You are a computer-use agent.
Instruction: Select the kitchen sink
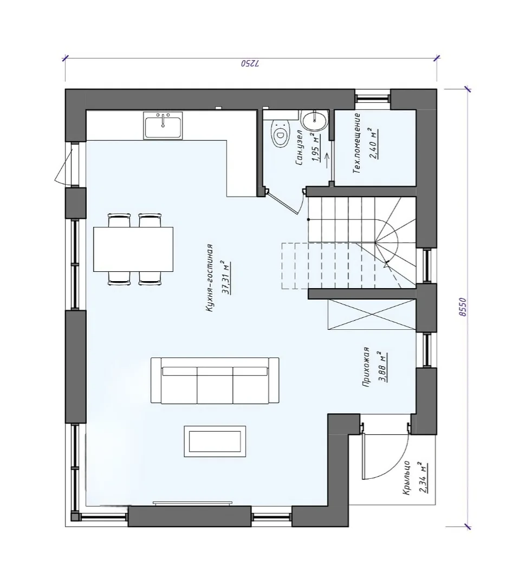tap(163, 126)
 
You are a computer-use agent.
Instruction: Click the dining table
tap(133, 249)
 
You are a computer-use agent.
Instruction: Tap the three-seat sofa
tap(215, 380)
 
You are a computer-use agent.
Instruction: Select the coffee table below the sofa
tap(215, 441)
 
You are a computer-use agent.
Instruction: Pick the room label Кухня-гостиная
tap(209, 278)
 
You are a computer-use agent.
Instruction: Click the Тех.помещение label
tap(357, 143)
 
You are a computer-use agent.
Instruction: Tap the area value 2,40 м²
tap(373, 144)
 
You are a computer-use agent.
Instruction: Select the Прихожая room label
tap(366, 367)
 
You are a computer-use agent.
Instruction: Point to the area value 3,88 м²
tap(382, 367)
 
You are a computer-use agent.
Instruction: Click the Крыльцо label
tap(407, 478)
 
